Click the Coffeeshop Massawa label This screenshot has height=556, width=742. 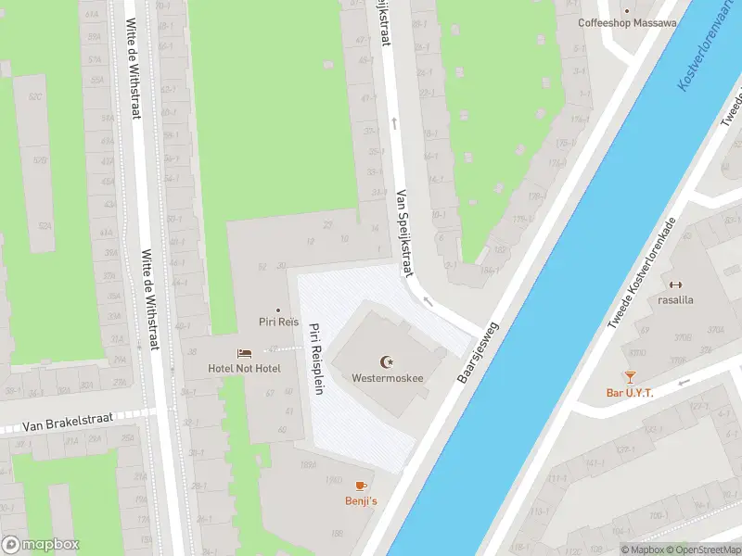click(627, 22)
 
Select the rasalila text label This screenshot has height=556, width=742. click(675, 299)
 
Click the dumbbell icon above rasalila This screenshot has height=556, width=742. click(675, 284)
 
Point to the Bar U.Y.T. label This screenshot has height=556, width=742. click(630, 393)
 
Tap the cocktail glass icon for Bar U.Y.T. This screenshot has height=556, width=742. click(630, 376)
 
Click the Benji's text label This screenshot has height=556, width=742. click(362, 501)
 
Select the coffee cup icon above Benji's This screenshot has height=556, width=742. click(362, 486)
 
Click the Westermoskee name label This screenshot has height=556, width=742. click(387, 378)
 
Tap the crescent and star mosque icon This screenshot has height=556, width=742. click(387, 361)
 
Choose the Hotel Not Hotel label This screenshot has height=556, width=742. click(244, 369)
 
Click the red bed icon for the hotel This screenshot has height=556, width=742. click(244, 353)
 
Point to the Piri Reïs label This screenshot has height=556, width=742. click(278, 322)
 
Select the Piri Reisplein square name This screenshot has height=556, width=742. click(315, 359)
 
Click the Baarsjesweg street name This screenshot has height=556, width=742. click(479, 353)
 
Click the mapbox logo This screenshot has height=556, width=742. click(41, 544)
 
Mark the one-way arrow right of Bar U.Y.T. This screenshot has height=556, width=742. click(684, 382)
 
